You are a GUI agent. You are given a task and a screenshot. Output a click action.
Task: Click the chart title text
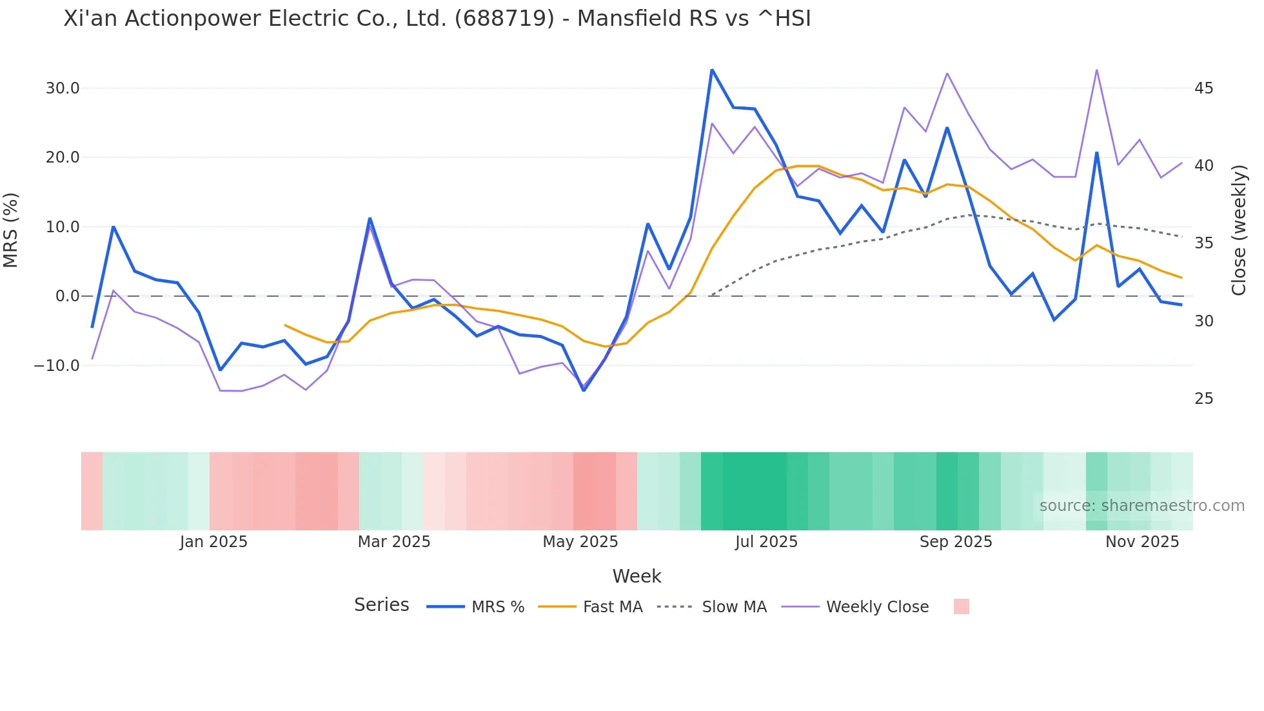click(x=437, y=19)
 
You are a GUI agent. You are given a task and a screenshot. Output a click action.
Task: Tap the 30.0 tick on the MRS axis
click(x=63, y=88)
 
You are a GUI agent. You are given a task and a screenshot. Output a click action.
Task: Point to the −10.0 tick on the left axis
click(x=57, y=366)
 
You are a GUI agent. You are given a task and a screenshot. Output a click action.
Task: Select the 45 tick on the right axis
click(x=1203, y=88)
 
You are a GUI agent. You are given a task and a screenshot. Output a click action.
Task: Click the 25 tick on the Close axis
click(x=1203, y=399)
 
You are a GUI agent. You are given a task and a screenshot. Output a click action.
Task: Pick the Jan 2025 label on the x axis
click(x=213, y=542)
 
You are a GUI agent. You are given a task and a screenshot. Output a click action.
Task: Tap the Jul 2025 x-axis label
click(x=766, y=542)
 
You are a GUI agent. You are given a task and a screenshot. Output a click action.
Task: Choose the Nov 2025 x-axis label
click(x=1142, y=542)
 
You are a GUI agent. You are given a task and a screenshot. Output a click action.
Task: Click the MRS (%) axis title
click(x=11, y=230)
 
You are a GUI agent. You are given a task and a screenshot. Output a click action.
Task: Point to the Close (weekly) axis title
click(x=1239, y=230)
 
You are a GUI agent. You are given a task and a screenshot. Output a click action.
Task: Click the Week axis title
click(x=637, y=576)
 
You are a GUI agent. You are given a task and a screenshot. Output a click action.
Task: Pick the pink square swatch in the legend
click(x=961, y=607)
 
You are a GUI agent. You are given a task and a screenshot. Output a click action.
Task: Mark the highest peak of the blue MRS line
click(x=712, y=70)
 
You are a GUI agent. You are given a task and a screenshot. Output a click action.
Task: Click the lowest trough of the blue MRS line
click(x=584, y=390)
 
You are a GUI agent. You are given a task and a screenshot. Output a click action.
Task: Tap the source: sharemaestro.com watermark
click(x=1141, y=506)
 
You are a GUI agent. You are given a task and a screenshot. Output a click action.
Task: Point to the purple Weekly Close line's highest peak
click(x=1096, y=70)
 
